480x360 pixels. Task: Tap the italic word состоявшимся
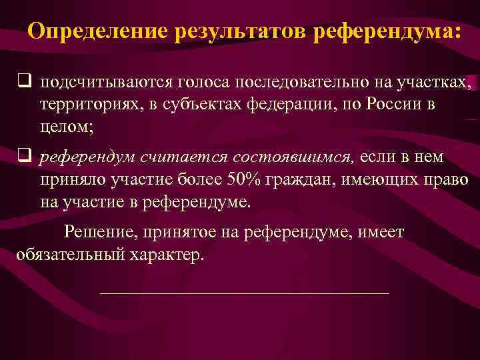click(291, 158)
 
